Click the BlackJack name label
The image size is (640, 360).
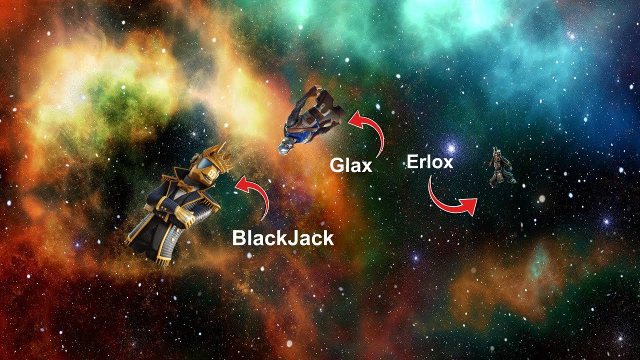pos(282,239)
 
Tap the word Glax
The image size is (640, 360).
pos(351,165)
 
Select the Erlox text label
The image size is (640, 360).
pos(429,162)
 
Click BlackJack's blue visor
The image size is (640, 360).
pos(202,165)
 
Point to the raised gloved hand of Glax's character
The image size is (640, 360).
pos(313,90)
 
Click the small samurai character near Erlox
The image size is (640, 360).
pos(500,170)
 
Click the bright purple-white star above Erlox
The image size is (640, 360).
pos(452,148)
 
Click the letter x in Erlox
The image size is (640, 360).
pos(446,162)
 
